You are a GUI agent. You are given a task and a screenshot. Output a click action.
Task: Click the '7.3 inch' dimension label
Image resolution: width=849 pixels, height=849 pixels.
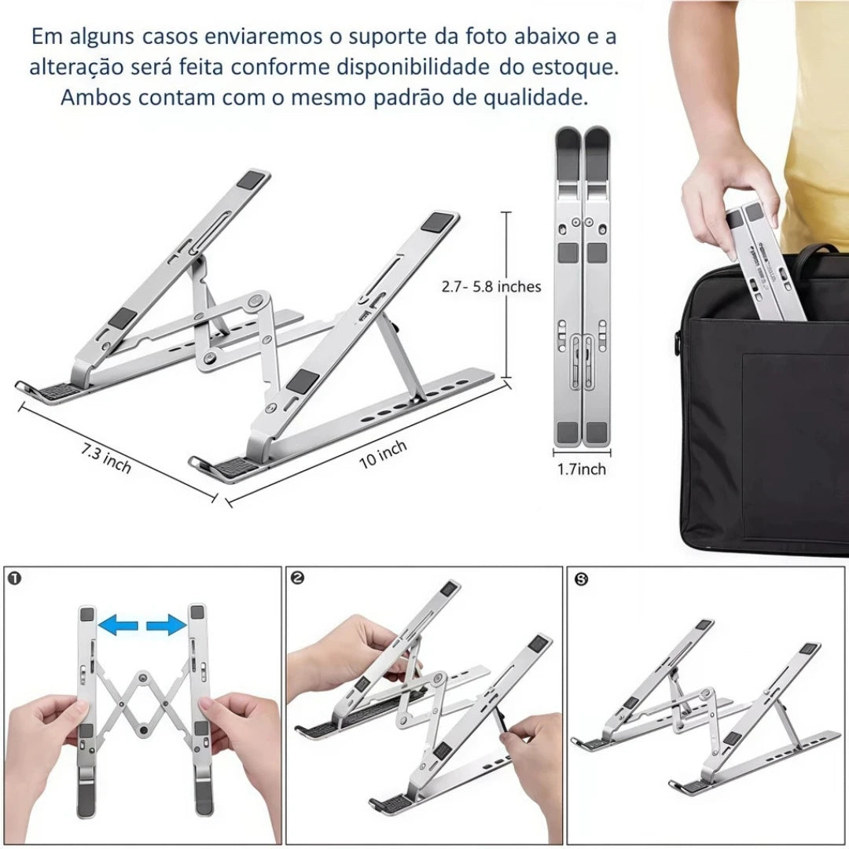[106, 458]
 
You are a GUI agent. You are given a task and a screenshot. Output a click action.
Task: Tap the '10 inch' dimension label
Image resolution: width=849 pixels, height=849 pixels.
[383, 454]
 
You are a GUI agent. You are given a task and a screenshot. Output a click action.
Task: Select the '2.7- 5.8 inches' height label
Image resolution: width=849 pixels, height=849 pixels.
[491, 286]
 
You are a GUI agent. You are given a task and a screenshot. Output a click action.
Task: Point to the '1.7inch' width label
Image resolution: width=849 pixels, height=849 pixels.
[582, 469]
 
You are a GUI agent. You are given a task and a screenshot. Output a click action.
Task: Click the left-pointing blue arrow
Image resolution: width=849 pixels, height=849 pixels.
[119, 624]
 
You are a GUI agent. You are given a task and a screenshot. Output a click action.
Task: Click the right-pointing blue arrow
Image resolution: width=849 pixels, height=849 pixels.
[166, 624]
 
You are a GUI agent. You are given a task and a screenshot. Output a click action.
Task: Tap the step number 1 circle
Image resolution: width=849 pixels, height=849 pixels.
[15, 579]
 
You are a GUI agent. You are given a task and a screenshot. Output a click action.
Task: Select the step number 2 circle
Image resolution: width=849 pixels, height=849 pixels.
[297, 579]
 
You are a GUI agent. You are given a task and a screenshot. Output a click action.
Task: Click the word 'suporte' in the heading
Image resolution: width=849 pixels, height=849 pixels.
[387, 37]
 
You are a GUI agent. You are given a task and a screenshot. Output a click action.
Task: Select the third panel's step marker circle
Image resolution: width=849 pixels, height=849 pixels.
[582, 579]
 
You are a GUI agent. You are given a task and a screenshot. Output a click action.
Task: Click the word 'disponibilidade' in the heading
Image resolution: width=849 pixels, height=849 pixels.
[413, 67]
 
